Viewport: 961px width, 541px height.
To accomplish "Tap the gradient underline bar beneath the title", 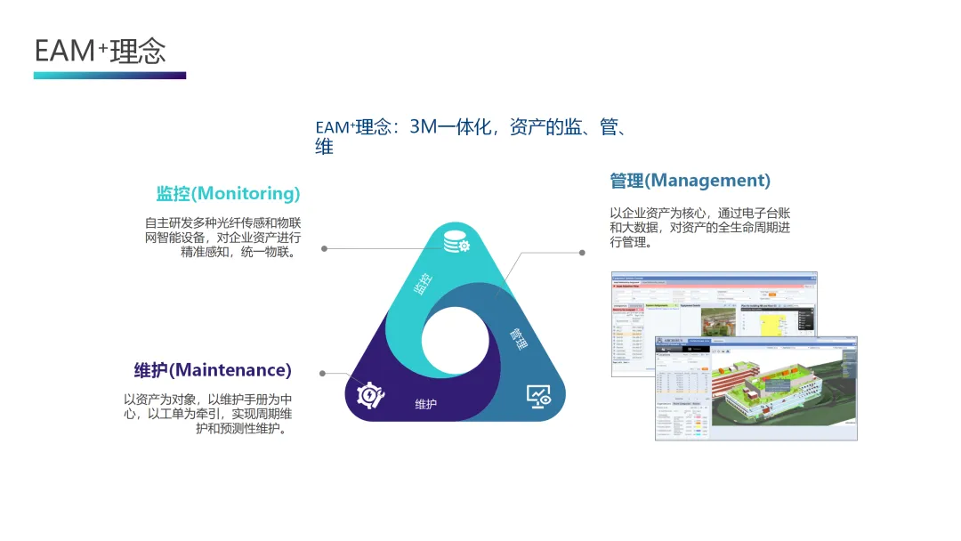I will [x=109, y=76].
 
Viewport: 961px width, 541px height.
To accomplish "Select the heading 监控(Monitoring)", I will [x=228, y=193].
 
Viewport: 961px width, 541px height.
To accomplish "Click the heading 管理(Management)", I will [x=690, y=181].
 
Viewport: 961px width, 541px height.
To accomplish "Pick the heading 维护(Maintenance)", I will [x=213, y=369].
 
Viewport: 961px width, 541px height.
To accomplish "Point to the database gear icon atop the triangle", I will [x=456, y=242].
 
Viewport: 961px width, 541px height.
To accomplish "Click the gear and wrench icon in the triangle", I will [x=370, y=395].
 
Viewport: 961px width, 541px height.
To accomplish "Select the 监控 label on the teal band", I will [x=424, y=284].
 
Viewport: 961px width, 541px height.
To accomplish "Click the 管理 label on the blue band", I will [x=519, y=339].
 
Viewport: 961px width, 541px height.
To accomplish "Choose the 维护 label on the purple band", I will [x=426, y=405].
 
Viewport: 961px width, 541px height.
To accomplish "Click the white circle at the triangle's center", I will [x=455, y=341].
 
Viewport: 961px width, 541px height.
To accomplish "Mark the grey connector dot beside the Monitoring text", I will [x=324, y=248].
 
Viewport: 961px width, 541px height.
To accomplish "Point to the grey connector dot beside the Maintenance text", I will [x=322, y=374].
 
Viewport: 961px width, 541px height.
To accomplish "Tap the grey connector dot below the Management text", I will [x=582, y=253].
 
